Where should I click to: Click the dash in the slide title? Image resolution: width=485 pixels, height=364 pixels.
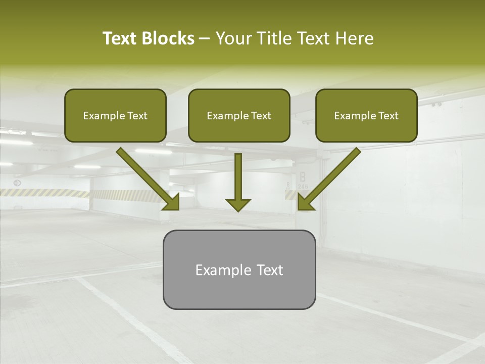click(x=205, y=39)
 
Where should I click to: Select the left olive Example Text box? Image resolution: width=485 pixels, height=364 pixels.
click(x=115, y=115)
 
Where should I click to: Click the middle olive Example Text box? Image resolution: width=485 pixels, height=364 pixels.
click(x=239, y=115)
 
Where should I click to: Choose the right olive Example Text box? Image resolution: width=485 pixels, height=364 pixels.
click(x=366, y=115)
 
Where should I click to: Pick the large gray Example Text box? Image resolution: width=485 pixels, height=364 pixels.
click(x=239, y=269)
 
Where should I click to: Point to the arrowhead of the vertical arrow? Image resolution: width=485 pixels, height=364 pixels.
click(x=238, y=204)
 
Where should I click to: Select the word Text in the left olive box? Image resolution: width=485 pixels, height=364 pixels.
click(x=137, y=116)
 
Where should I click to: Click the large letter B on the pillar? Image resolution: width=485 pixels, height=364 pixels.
click(x=303, y=177)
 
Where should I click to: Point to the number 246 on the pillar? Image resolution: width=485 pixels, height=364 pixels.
click(x=303, y=187)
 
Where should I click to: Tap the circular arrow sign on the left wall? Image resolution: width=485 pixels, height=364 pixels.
click(x=17, y=183)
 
